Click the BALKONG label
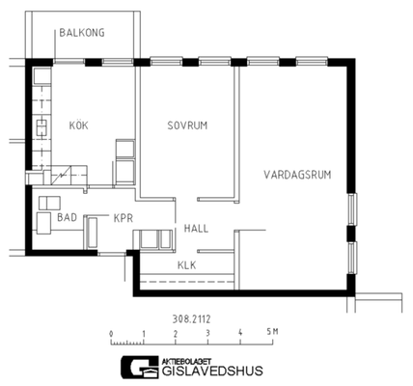pyautogui.click(x=82, y=33)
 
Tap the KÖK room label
pyautogui.click(x=78, y=125)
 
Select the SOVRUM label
pyautogui.click(x=187, y=125)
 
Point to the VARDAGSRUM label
pyautogui.click(x=297, y=175)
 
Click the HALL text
pyautogui.click(x=196, y=229)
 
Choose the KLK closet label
pyautogui.click(x=186, y=265)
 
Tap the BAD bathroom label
pyautogui.click(x=67, y=217)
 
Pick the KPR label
pyautogui.click(x=124, y=218)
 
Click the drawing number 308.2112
pyautogui.click(x=191, y=319)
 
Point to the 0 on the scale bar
pyautogui.click(x=111, y=333)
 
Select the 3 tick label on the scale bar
pyautogui.click(x=207, y=333)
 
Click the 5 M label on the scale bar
pyautogui.click(x=272, y=332)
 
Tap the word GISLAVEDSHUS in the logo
pyautogui.click(x=212, y=371)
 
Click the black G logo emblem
pyautogui.click(x=140, y=367)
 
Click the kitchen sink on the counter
pyautogui.click(x=41, y=127)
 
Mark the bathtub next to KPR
pyautogui.click(x=93, y=233)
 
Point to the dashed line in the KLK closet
pyautogui.click(x=187, y=282)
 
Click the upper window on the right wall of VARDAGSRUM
pyautogui.click(x=353, y=209)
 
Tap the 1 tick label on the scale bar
pyautogui.click(x=144, y=333)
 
